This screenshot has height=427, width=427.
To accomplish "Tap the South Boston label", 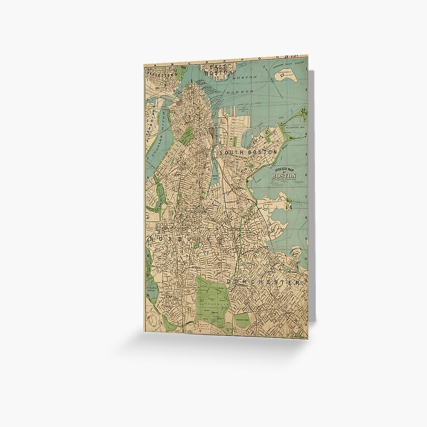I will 248,152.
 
